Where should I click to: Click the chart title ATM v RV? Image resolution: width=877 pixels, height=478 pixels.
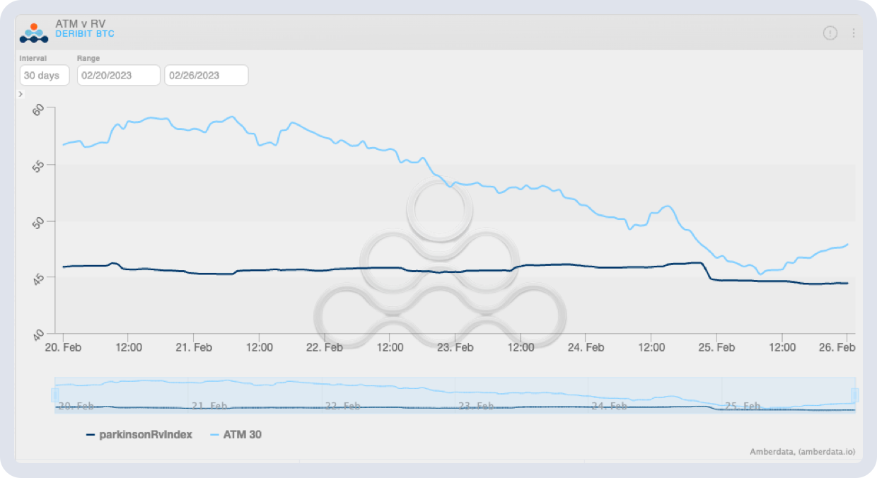pyautogui.click(x=80, y=23)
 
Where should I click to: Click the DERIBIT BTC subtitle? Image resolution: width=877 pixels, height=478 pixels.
pyautogui.click(x=84, y=34)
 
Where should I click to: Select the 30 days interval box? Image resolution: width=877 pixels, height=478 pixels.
pyautogui.click(x=44, y=76)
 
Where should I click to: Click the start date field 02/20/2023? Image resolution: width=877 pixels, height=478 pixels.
pyautogui.click(x=118, y=76)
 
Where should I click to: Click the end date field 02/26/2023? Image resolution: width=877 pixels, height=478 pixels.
pyautogui.click(x=206, y=76)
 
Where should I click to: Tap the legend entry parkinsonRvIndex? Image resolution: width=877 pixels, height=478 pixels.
pyautogui.click(x=145, y=435)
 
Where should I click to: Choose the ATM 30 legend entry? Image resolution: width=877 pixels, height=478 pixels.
pyautogui.click(x=242, y=435)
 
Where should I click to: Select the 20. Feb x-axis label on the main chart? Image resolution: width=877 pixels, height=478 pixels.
pyautogui.click(x=63, y=348)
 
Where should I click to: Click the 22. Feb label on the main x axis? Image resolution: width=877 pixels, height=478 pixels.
pyautogui.click(x=325, y=348)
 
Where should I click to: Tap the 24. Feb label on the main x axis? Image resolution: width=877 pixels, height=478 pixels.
pyautogui.click(x=586, y=348)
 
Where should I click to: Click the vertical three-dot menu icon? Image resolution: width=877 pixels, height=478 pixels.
pyautogui.click(x=854, y=33)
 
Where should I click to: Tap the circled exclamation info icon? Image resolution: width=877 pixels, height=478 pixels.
pyautogui.click(x=830, y=33)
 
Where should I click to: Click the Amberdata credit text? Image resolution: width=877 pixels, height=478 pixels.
pyautogui.click(x=803, y=451)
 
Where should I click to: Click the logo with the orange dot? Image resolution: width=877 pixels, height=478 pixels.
pyautogui.click(x=33, y=33)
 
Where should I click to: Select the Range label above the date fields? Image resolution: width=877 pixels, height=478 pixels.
pyautogui.click(x=88, y=58)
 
